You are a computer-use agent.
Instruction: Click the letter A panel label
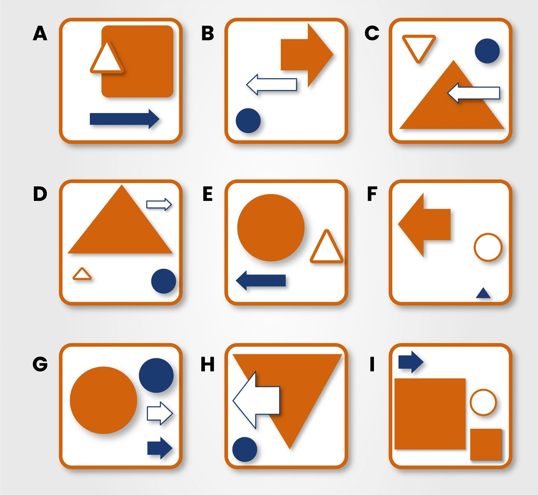pyautogui.click(x=40, y=34)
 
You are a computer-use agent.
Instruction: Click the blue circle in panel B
pyautogui.click(x=248, y=120)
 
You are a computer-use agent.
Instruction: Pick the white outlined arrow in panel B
pyautogui.click(x=272, y=85)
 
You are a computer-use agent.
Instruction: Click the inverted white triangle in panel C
pyautogui.click(x=419, y=47)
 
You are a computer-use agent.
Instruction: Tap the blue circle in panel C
pyautogui.click(x=487, y=51)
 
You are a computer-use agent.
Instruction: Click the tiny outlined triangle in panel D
pyautogui.click(x=82, y=275)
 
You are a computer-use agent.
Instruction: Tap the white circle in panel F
pyautogui.click(x=488, y=247)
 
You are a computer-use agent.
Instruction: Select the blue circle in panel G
pyautogui.click(x=156, y=375)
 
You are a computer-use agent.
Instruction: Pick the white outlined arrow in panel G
pyautogui.click(x=160, y=413)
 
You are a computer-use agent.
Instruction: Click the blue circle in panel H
pyautogui.click(x=245, y=449)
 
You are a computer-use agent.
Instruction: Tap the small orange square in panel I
pyautogui.click(x=486, y=444)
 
